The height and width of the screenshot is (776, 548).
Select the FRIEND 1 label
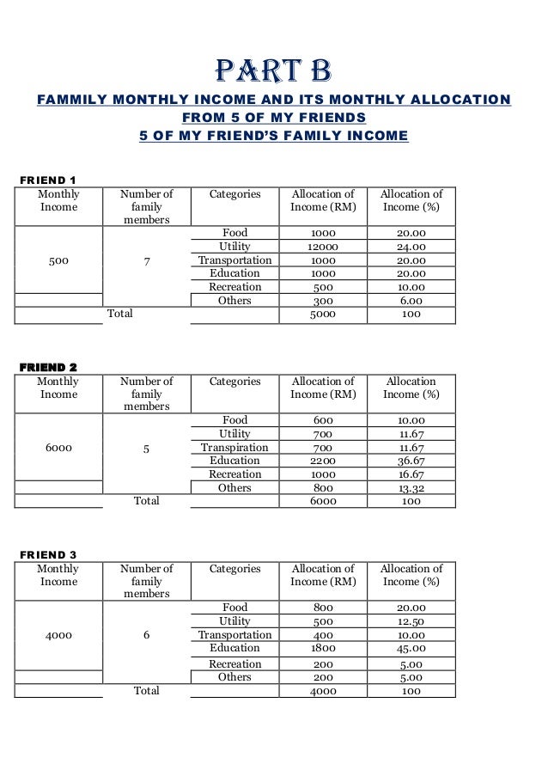click(x=48, y=180)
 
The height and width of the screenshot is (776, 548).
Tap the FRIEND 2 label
click(x=48, y=367)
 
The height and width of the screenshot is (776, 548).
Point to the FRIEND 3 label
click(x=48, y=554)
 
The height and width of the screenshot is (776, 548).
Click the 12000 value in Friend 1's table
click(x=323, y=247)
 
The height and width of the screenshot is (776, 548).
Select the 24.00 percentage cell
click(x=411, y=247)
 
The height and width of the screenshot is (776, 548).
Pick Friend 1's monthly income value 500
click(x=58, y=260)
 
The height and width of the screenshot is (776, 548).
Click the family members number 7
click(x=147, y=260)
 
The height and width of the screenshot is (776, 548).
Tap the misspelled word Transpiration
click(x=234, y=447)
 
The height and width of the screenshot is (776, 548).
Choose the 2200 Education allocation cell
click(x=323, y=461)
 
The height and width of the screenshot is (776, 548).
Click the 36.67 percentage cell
click(x=411, y=461)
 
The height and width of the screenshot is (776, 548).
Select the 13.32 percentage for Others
click(x=411, y=488)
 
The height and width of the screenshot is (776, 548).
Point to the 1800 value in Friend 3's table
click(x=323, y=648)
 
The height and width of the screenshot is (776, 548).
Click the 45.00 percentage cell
click(x=411, y=648)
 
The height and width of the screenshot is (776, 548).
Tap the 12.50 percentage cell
click(x=411, y=621)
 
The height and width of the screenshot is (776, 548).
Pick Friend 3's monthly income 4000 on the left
click(x=58, y=635)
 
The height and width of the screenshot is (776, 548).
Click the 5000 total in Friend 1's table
click(x=323, y=315)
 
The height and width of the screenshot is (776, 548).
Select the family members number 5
click(x=147, y=448)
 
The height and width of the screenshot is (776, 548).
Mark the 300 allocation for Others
click(x=323, y=301)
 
